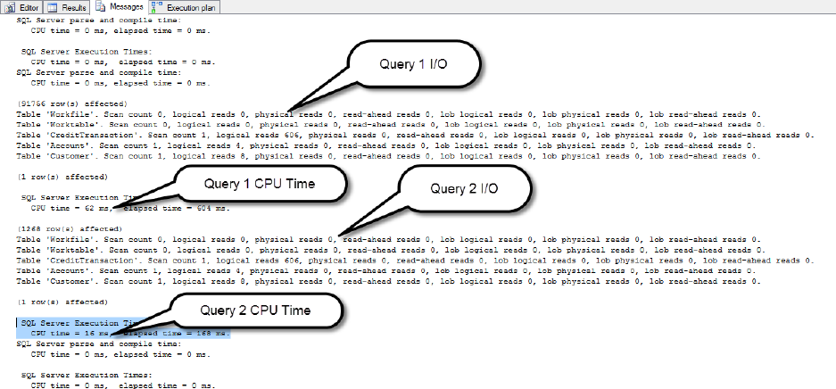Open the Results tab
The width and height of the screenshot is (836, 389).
[69, 6]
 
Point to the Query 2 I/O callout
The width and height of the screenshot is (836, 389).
[465, 188]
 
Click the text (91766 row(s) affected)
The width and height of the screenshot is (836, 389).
[62, 103]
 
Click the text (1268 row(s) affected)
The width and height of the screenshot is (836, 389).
[61, 228]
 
